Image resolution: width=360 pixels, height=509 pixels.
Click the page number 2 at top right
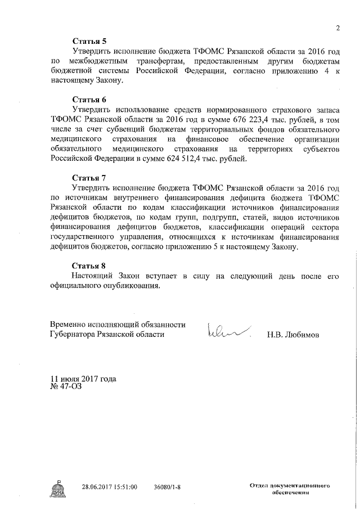338,29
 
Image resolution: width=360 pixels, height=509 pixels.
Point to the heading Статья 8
89,265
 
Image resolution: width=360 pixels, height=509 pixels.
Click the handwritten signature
228,331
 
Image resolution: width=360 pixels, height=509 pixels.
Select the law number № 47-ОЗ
66,387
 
